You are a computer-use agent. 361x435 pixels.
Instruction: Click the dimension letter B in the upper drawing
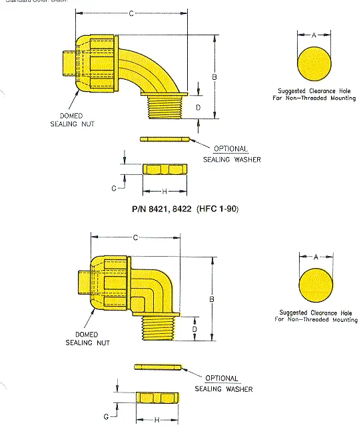214,78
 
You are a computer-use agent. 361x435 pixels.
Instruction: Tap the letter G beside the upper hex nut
114,189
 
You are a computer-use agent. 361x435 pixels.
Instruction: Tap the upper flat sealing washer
165,139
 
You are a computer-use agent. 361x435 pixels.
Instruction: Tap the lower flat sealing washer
158,366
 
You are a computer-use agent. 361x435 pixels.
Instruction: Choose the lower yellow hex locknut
158,397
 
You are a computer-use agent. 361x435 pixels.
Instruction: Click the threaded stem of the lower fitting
159,327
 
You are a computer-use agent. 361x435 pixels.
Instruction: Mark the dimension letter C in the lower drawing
136,238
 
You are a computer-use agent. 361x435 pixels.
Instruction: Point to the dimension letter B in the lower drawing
211,300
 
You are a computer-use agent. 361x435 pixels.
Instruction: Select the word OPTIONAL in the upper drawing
230,149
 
